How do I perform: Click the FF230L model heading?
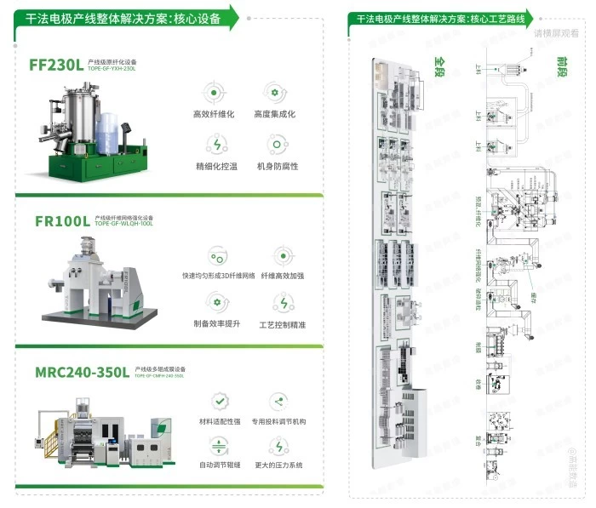pos(55,63)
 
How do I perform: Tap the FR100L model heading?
pos(61,220)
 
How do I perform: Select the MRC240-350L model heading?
pos(82,372)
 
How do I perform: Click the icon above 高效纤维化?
pos(214,92)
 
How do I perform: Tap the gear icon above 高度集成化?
pos(275,92)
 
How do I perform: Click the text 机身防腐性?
pos(277,165)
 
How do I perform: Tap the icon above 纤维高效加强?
pos(283,255)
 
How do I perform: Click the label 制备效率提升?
pos(218,324)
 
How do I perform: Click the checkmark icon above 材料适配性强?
pos(219,401)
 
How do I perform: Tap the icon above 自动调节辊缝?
pos(219,445)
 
